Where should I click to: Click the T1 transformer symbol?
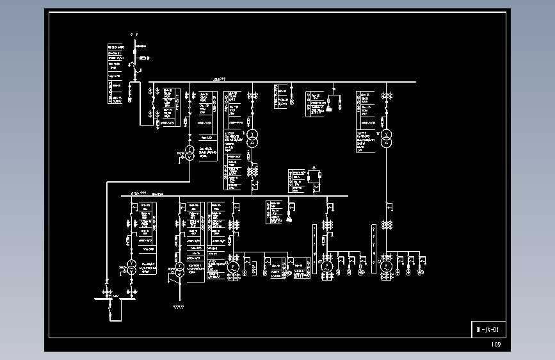click(x=252, y=138)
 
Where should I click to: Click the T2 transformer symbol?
click(x=385, y=139)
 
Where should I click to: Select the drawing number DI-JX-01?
click(x=488, y=329)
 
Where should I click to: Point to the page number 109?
click(x=496, y=345)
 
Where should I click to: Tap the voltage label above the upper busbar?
click(x=220, y=79)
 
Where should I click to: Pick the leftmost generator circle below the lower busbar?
click(x=234, y=266)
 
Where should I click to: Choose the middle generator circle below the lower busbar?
click(x=327, y=266)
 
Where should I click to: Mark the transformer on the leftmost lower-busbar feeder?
click(x=131, y=268)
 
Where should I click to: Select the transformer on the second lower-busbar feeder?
click(x=180, y=269)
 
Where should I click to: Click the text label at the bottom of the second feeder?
click(x=179, y=307)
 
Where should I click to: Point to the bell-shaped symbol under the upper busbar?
click(x=329, y=108)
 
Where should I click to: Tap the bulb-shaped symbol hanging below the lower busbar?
click(x=289, y=220)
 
